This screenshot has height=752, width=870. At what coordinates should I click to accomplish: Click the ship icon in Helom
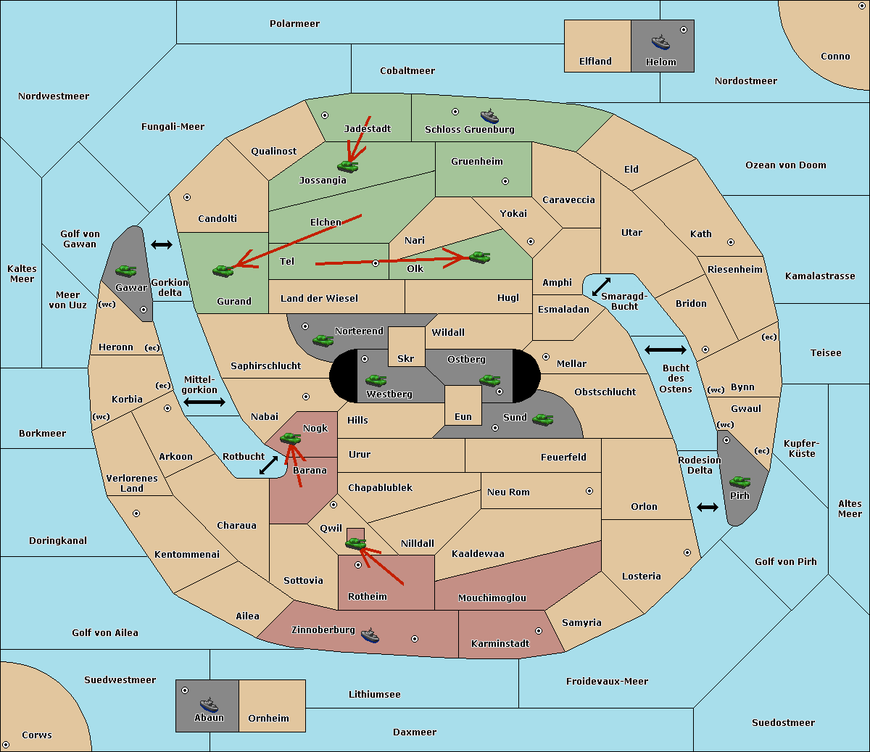pyautogui.click(x=660, y=42)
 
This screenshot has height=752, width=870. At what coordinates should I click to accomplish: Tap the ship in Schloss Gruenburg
pyautogui.click(x=489, y=116)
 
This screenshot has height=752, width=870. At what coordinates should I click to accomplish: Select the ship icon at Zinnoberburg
pyautogui.click(x=370, y=635)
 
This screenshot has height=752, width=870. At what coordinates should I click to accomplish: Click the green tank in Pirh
pyautogui.click(x=739, y=482)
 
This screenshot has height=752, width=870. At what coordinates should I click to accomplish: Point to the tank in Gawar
pyautogui.click(x=125, y=270)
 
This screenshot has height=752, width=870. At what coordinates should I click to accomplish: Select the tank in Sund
pyautogui.click(x=542, y=419)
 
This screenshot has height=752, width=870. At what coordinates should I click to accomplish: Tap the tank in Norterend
pyautogui.click(x=323, y=340)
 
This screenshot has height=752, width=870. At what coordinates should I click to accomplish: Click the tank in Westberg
pyautogui.click(x=376, y=380)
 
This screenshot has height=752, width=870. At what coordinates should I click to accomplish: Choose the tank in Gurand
pyautogui.click(x=223, y=270)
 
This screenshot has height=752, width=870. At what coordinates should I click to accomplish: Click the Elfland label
pyautogui.click(x=595, y=62)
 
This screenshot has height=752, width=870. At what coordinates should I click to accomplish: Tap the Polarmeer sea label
pyautogui.click(x=294, y=24)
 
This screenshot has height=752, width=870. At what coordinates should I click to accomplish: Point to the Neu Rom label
pyautogui.click(x=508, y=492)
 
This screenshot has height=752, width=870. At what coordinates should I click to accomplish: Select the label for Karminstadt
pyautogui.click(x=500, y=643)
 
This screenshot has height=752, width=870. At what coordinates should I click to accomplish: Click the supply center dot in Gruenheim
pyautogui.click(x=505, y=181)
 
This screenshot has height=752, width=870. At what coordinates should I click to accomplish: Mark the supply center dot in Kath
pyautogui.click(x=731, y=242)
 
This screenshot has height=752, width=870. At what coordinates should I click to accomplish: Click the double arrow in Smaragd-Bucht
pyautogui.click(x=601, y=286)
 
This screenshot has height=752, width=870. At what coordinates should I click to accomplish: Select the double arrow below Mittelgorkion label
pyautogui.click(x=204, y=402)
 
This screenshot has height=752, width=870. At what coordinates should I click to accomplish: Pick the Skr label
pyautogui.click(x=406, y=358)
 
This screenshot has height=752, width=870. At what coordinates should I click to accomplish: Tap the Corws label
pyautogui.click(x=37, y=735)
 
